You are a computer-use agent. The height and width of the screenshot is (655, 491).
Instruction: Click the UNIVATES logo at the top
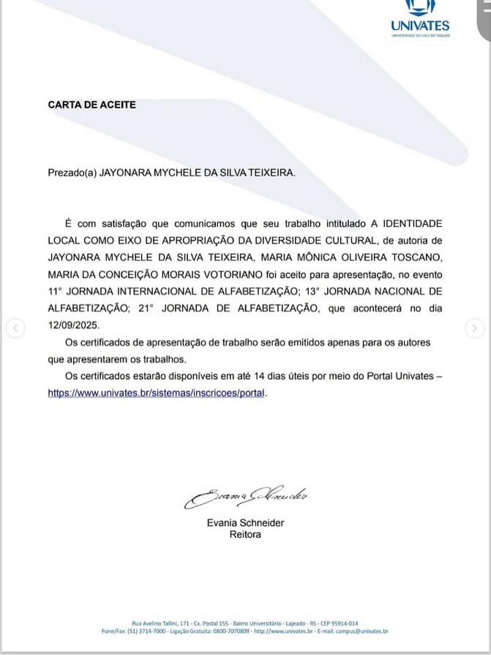coord(420,18)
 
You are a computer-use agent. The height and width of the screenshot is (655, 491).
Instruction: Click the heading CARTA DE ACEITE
coord(92,105)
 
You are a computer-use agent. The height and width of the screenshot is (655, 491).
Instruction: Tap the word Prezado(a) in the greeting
coord(72,173)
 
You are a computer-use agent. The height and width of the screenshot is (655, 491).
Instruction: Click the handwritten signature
coord(245,497)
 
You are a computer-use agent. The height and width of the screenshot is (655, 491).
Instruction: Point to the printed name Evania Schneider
coord(245,523)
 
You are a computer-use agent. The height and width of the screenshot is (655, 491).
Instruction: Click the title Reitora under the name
coord(245,535)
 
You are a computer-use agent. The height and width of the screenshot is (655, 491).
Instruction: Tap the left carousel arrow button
coord(15,328)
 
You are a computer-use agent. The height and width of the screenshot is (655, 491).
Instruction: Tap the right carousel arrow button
coord(475,328)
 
